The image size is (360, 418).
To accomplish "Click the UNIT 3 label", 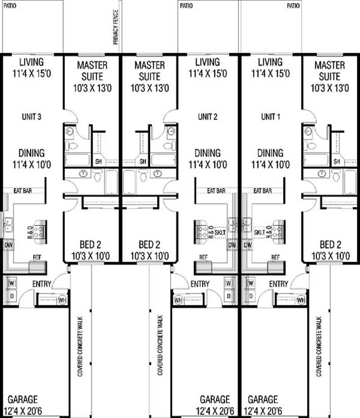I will (31, 117).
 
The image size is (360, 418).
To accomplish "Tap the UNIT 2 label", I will (207, 117).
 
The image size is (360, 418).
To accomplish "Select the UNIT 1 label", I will (270, 117).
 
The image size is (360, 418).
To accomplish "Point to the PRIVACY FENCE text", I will (116, 27).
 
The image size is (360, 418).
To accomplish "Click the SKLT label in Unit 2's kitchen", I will (220, 232).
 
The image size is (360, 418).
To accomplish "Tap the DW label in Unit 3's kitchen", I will (8, 245).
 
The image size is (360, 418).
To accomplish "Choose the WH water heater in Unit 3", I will (62, 300).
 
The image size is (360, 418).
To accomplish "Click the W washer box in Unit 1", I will (247, 283).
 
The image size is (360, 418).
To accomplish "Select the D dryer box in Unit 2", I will (229, 296).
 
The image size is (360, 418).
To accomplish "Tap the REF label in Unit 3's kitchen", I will (37, 259).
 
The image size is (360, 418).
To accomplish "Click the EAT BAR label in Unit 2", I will (216, 191).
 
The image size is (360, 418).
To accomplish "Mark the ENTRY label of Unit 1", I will (278, 284).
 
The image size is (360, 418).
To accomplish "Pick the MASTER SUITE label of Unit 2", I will (149, 76).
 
